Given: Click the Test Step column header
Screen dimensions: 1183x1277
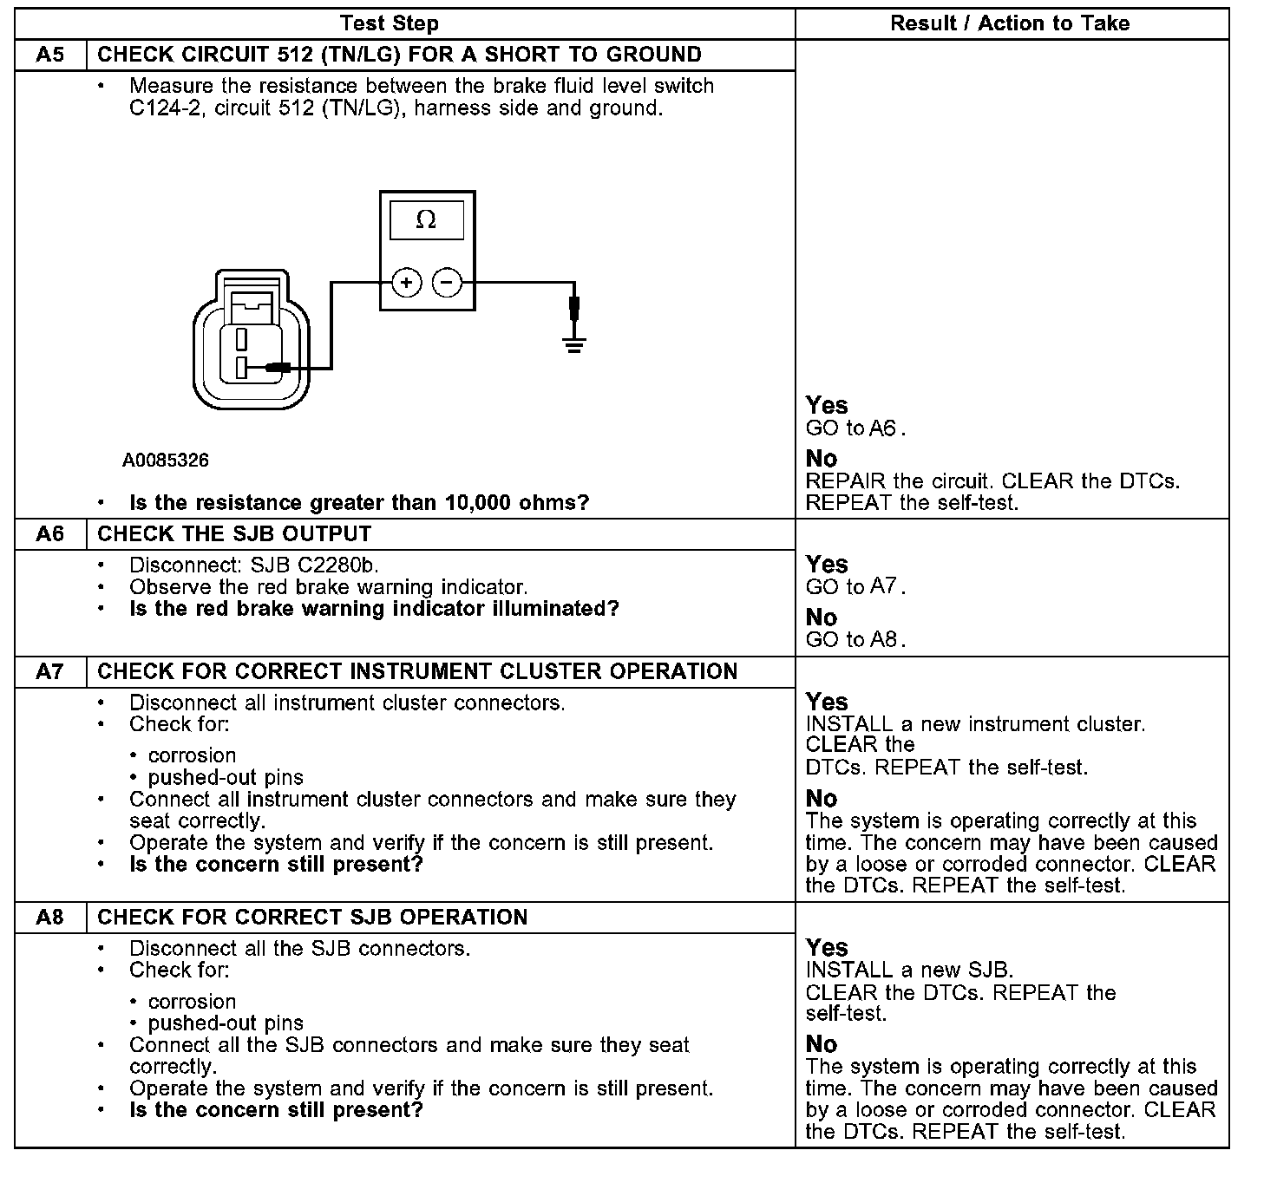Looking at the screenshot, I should [390, 23].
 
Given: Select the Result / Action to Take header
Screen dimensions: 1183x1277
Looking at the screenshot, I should [1010, 23].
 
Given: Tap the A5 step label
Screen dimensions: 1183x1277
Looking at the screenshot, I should [50, 55].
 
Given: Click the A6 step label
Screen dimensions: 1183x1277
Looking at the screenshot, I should [50, 534].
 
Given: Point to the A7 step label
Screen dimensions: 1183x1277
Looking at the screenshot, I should [50, 671].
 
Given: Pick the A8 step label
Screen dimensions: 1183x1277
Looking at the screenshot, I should [50, 918].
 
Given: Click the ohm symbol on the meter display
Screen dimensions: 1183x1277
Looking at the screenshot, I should [426, 220].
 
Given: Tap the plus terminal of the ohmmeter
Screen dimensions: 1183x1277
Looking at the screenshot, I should [406, 283].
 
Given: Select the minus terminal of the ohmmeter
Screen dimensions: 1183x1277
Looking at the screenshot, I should [447, 283].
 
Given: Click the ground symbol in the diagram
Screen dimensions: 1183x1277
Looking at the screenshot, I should [573, 345].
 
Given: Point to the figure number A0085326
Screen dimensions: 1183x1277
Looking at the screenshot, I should [165, 460].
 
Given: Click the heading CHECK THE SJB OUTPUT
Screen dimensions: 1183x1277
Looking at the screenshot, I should [234, 534].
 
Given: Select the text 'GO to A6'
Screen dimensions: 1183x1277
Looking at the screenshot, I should [855, 428].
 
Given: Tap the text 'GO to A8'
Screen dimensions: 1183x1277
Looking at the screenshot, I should [855, 640].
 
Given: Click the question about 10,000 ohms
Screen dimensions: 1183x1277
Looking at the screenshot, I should [359, 503].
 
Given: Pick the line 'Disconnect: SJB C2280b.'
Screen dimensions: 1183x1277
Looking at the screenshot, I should [254, 565].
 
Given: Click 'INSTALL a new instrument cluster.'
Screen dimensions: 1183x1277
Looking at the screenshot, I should [975, 724].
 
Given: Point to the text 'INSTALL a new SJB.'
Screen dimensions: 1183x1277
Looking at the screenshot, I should [909, 971].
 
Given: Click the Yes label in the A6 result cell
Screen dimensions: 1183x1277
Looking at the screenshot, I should [827, 565].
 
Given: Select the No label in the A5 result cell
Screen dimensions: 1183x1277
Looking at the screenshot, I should [822, 459].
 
